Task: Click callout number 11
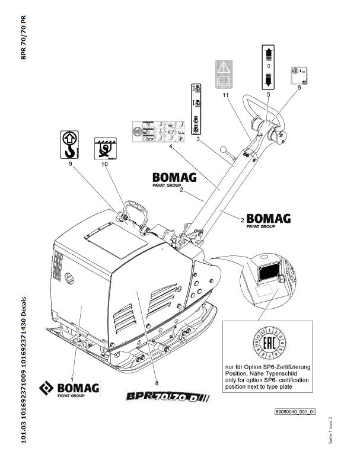click(x=225, y=94)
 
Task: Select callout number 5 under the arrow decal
click(x=268, y=94)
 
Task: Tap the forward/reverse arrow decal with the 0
click(x=268, y=66)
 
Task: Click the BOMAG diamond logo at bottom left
click(x=46, y=389)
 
